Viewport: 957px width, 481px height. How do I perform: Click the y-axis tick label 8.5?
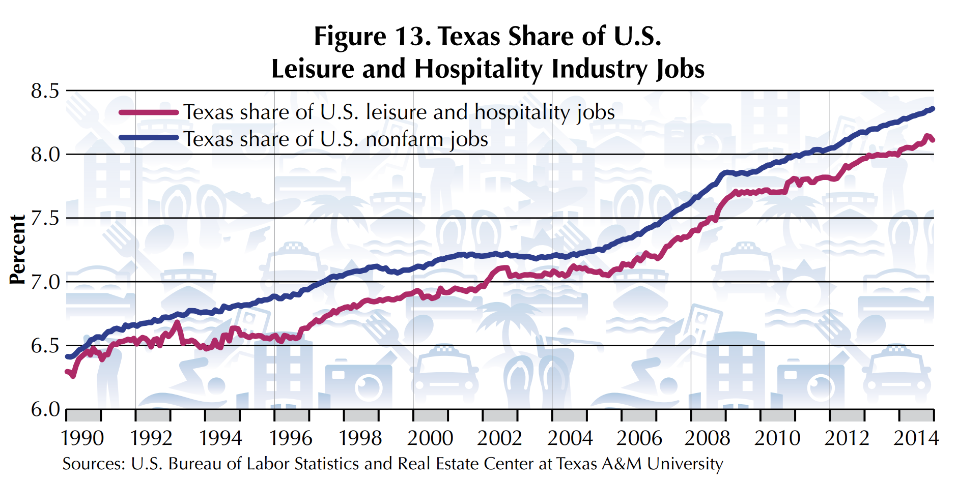click(x=45, y=92)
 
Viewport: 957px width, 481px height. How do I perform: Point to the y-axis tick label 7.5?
click(x=45, y=219)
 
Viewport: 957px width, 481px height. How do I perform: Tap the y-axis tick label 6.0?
click(x=45, y=409)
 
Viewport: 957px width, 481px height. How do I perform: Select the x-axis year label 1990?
click(x=82, y=438)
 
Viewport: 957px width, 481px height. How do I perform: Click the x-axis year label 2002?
click(x=499, y=438)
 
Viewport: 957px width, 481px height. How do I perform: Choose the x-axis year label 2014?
click(x=916, y=438)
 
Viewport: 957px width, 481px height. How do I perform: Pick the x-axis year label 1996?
click(x=291, y=438)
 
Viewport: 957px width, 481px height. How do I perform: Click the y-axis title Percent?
click(x=17, y=249)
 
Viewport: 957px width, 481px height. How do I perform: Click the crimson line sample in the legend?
click(x=149, y=112)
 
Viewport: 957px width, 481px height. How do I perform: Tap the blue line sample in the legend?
click(x=149, y=138)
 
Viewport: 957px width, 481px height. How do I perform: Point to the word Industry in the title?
click(x=599, y=69)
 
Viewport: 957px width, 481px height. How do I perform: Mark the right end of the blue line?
click(x=933, y=109)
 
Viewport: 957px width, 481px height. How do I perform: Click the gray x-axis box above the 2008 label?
click(x=708, y=415)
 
